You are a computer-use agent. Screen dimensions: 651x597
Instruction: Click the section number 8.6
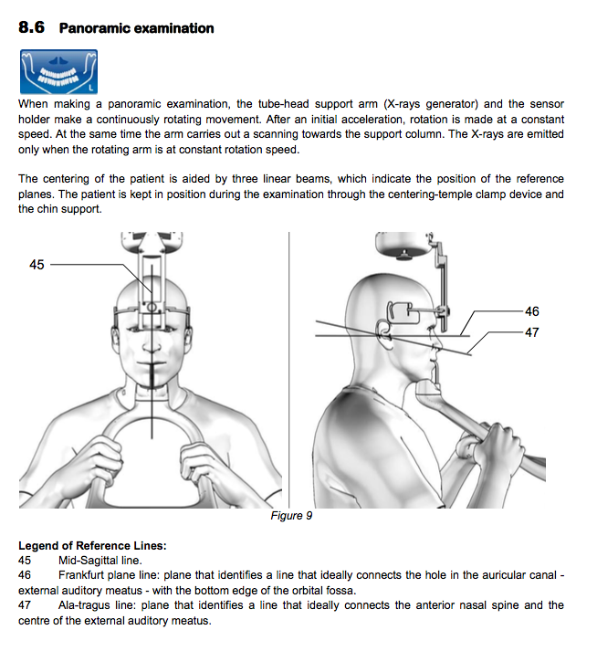coord(32,27)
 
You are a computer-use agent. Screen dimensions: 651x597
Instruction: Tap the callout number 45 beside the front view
coord(37,265)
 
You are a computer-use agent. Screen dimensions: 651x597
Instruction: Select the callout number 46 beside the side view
coord(531,311)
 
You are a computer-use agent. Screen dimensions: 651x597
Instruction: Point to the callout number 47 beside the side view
coord(531,332)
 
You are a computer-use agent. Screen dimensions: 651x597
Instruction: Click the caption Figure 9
coord(292,516)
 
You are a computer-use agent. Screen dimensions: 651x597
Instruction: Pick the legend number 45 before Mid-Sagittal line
coord(25,560)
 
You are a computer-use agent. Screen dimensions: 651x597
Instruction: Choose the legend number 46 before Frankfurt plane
coord(25,575)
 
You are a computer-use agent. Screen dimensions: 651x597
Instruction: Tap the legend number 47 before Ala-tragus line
coord(25,604)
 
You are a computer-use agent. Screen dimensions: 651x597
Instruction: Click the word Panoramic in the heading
coord(99,28)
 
